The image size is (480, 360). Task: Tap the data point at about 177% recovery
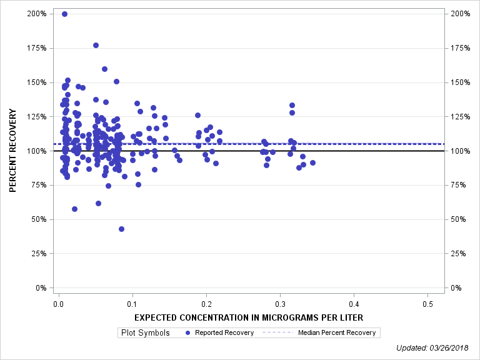96,46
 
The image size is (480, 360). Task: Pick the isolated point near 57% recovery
74,209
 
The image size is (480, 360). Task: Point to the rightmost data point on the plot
312,162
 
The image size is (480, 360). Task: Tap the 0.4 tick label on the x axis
354,304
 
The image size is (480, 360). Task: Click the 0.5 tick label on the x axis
427,304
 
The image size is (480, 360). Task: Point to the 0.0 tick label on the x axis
58,304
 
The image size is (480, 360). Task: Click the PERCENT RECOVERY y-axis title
13,151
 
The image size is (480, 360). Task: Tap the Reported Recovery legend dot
188,332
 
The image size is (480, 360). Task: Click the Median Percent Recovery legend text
337,332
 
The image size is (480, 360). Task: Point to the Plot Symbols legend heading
144,332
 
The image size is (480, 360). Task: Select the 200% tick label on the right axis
459,14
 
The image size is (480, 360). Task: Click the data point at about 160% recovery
104,69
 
